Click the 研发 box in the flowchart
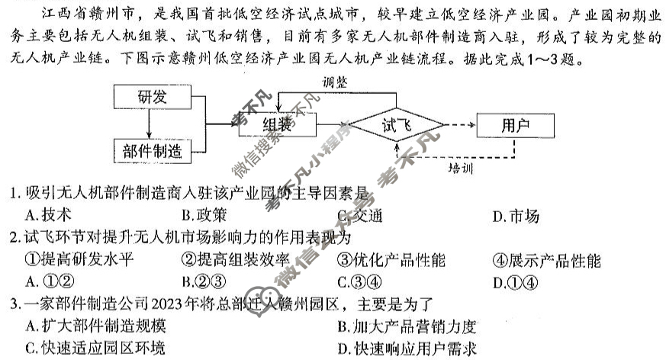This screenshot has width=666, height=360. pos(152,97)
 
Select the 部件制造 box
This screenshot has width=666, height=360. pos(152,150)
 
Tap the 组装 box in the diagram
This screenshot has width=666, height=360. pos(276,124)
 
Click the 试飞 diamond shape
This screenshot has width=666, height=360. pos(396,124)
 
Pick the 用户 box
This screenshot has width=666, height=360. pos(516,124)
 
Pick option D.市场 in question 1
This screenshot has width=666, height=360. pos(516,216)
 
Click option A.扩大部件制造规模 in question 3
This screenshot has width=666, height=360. pos(95,326)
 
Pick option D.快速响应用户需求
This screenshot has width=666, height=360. pos(407,349)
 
